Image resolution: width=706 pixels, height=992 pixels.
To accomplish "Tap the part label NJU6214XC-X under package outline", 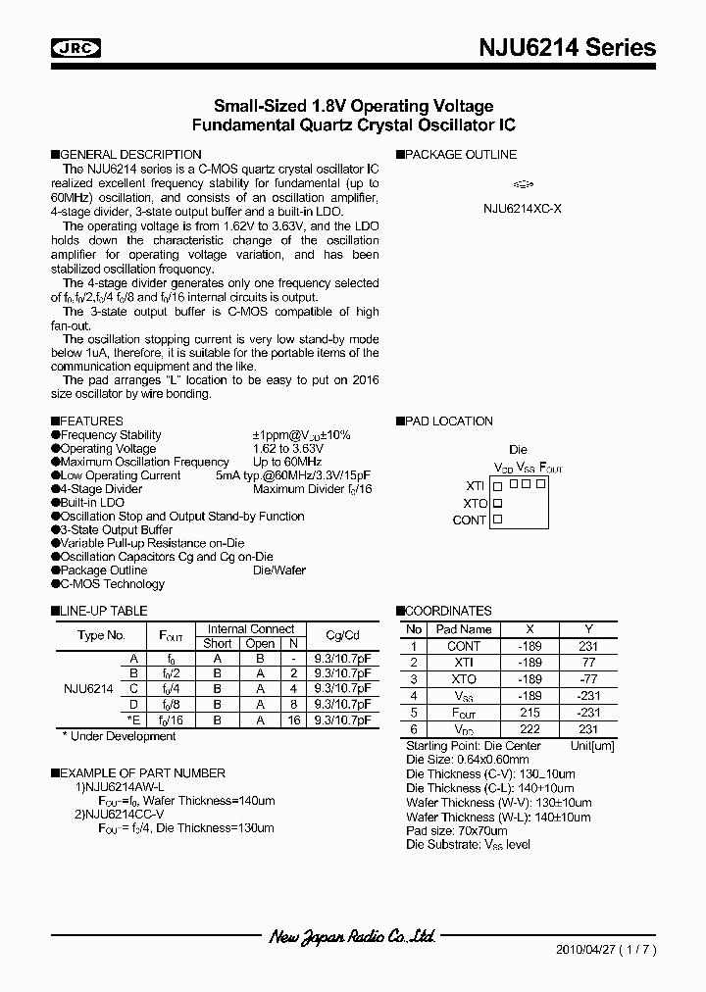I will pyautogui.click(x=523, y=208).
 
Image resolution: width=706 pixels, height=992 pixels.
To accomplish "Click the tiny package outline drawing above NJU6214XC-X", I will pyautogui.click(x=524, y=183).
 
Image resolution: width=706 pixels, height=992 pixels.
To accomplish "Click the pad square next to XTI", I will pyautogui.click(x=497, y=485).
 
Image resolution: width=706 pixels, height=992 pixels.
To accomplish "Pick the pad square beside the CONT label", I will pyautogui.click(x=497, y=520).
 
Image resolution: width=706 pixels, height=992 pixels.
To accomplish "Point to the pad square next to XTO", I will pyautogui.click(x=497, y=503).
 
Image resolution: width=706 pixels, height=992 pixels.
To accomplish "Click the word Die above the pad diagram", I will pyautogui.click(x=518, y=450).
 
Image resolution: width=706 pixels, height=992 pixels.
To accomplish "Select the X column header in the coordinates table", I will pyautogui.click(x=530, y=629).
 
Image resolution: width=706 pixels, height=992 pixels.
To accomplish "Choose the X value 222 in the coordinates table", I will pyautogui.click(x=530, y=729).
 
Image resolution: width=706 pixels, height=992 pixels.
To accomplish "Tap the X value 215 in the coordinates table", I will pyautogui.click(x=530, y=713).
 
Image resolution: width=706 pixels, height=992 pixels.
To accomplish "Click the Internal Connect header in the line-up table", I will pyautogui.click(x=250, y=629).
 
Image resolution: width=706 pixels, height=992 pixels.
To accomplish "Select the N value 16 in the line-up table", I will pyautogui.click(x=292, y=719).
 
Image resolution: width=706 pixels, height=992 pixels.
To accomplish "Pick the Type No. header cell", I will pyautogui.click(x=101, y=635).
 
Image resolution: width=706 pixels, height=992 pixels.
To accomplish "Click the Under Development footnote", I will pyautogui.click(x=119, y=736).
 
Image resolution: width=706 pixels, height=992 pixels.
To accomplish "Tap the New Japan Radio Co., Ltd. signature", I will pyautogui.click(x=352, y=937).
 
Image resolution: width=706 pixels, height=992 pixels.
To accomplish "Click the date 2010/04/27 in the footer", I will pyautogui.click(x=585, y=950).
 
